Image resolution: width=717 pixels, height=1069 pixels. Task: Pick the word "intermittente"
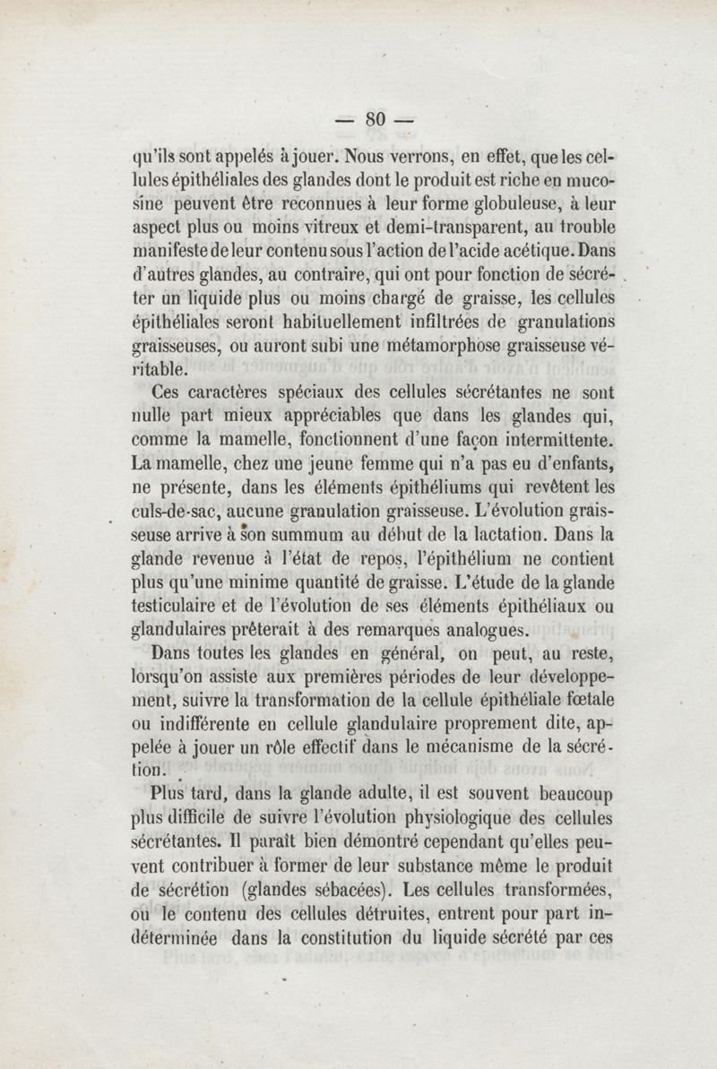click(x=549, y=439)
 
